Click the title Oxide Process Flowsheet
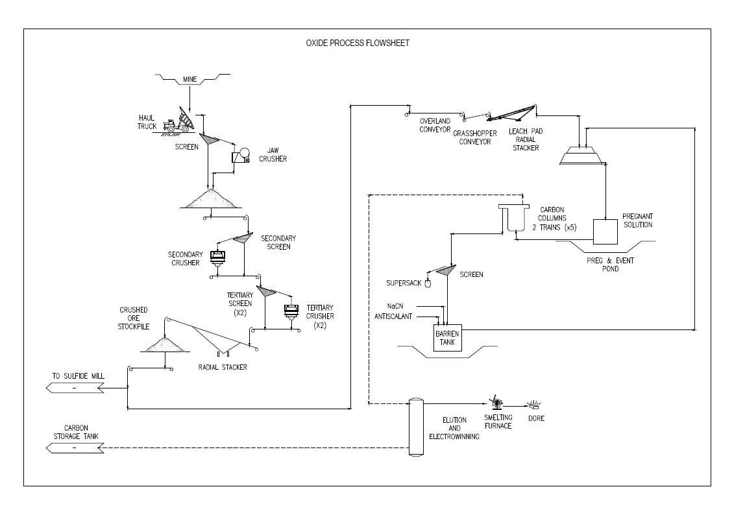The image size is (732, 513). click(x=358, y=43)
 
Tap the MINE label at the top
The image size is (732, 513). click(x=189, y=80)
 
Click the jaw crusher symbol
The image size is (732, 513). click(x=241, y=156)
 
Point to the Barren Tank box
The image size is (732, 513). click(x=447, y=338)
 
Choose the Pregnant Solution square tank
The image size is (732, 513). click(x=605, y=232)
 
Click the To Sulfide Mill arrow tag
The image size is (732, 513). click(x=75, y=388)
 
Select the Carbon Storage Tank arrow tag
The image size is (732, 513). click(x=75, y=448)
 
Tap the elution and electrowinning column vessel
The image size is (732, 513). click(x=415, y=427)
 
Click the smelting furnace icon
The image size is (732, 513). click(x=494, y=403)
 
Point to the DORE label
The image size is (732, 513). click(x=536, y=418)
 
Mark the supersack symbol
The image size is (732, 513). click(x=428, y=283)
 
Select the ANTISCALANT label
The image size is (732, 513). click(x=394, y=316)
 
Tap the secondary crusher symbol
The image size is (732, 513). click(x=218, y=257)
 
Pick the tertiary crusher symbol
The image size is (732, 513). click(x=291, y=311)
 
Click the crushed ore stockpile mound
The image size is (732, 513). click(x=165, y=345)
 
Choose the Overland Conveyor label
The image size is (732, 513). click(x=435, y=125)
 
